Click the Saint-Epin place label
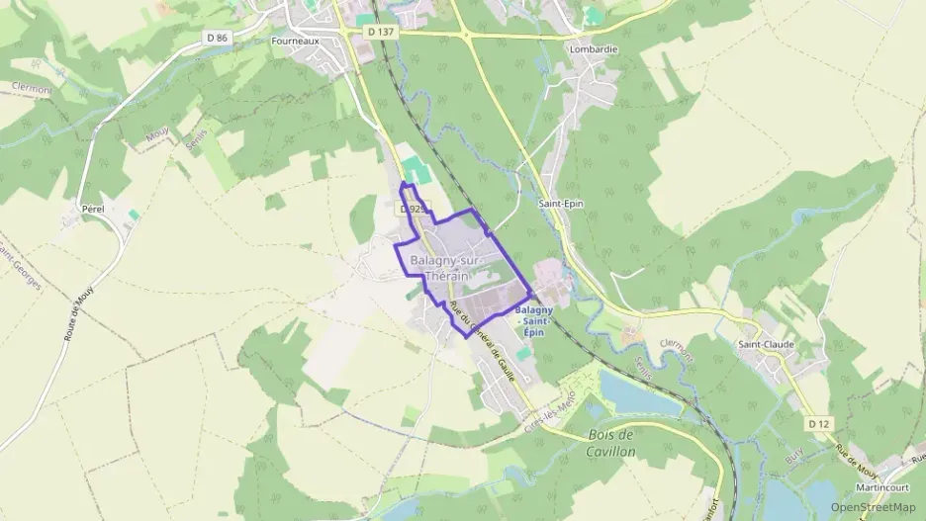[x=557, y=205]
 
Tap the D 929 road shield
[x=414, y=210]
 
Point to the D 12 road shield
[x=817, y=423]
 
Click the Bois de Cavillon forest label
[x=611, y=442]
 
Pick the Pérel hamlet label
[x=93, y=211]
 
